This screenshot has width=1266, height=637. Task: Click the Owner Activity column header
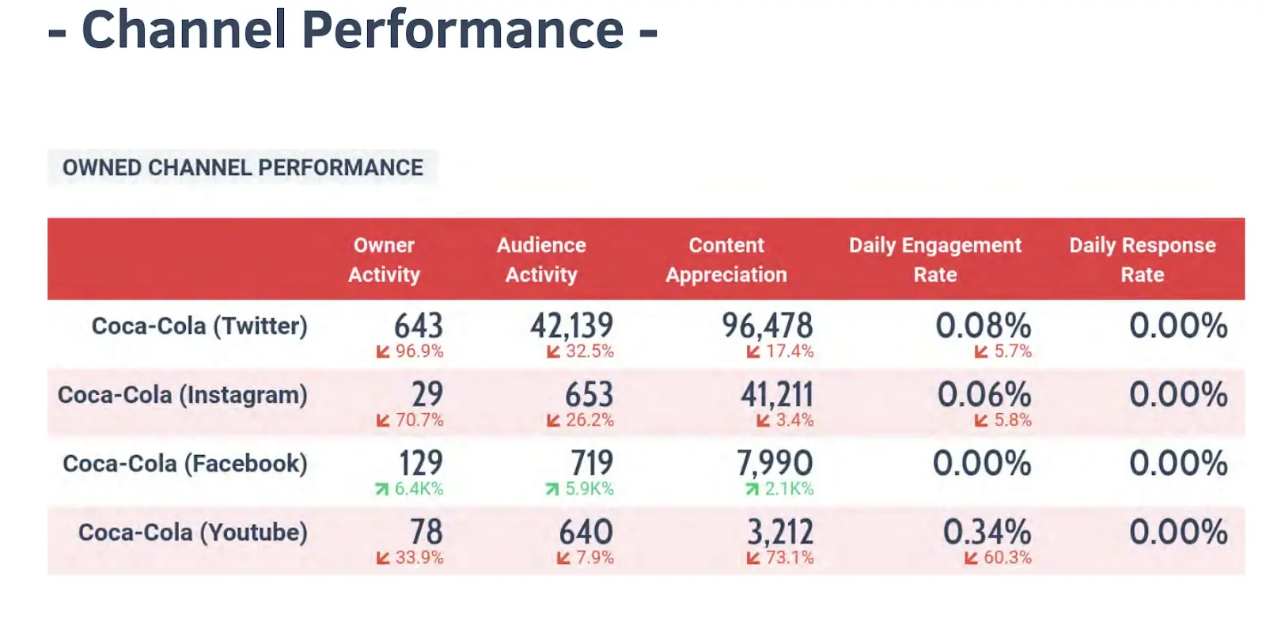click(384, 260)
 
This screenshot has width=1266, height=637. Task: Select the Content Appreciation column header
click(726, 260)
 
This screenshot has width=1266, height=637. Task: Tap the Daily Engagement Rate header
click(935, 260)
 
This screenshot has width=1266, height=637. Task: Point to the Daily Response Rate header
click(1142, 260)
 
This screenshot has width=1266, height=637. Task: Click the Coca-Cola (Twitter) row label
click(199, 326)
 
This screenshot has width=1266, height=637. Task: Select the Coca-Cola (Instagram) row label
click(183, 395)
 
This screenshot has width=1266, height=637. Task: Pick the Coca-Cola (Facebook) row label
click(185, 464)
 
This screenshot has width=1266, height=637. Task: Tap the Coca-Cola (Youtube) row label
click(193, 533)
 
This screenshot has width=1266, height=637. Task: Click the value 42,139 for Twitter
click(571, 325)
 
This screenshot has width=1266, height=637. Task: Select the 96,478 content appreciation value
click(767, 325)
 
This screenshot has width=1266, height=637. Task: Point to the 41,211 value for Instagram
click(776, 394)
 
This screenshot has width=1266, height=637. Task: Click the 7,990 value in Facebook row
click(775, 463)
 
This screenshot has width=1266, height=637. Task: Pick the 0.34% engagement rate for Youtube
click(987, 532)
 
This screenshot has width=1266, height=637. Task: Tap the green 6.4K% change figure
click(419, 489)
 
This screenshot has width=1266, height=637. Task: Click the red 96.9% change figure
click(419, 351)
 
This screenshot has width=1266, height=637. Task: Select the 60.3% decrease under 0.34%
click(1007, 558)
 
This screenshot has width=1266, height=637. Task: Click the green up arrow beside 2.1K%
click(752, 490)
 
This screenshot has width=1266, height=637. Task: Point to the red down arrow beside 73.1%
click(753, 558)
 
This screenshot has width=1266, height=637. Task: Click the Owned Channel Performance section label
click(243, 168)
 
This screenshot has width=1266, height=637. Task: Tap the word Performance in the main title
click(463, 30)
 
